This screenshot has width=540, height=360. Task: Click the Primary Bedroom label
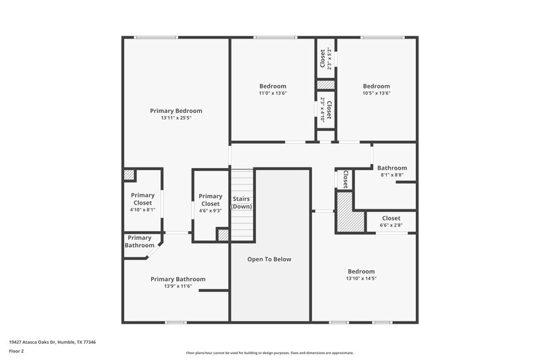(175, 111)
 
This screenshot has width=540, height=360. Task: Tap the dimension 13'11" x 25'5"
(175, 118)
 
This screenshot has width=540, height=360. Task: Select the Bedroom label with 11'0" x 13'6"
(273, 86)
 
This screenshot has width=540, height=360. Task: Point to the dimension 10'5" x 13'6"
(376, 93)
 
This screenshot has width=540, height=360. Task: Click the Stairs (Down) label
(242, 203)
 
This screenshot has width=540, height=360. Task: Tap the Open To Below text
(269, 259)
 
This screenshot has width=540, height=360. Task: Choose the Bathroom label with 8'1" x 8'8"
(391, 168)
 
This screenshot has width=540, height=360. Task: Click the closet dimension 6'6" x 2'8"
(391, 226)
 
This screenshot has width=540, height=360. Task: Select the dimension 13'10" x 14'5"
(361, 278)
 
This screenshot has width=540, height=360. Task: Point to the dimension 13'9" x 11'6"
(178, 286)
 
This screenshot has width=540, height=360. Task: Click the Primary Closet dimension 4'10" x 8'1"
(142, 210)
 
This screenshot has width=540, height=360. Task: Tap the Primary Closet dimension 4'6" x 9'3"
(210, 211)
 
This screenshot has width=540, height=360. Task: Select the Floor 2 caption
(16, 351)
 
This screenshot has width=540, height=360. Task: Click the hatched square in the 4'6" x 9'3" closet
(222, 234)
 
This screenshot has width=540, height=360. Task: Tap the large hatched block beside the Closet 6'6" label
(345, 212)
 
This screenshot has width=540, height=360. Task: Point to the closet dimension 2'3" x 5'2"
(330, 58)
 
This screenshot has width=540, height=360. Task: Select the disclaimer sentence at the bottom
(270, 353)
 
